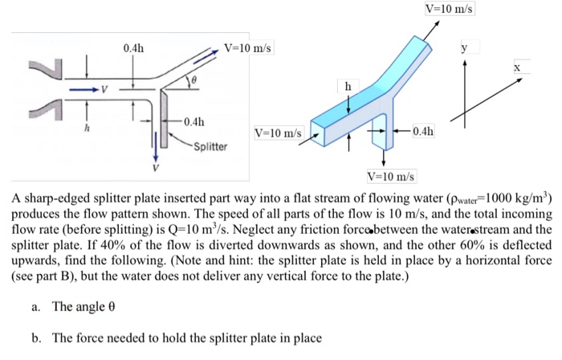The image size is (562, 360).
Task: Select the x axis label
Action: point(518,70)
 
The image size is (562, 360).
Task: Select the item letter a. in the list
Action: point(37,306)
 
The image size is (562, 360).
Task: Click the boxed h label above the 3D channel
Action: point(348,85)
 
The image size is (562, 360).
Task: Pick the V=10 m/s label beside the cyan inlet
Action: point(278,132)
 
